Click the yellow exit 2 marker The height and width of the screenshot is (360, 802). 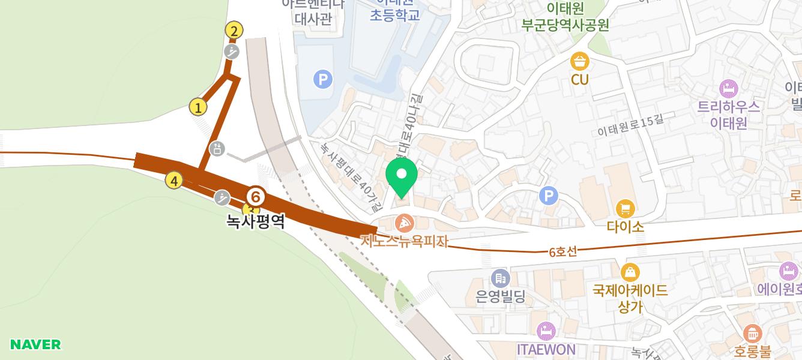(x=234, y=31)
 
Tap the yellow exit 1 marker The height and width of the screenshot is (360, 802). (x=198, y=107)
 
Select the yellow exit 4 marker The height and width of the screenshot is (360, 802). (x=174, y=180)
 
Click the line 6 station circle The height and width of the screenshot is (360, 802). (x=256, y=196)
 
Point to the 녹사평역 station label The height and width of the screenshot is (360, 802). (x=255, y=221)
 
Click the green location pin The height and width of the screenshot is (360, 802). (x=402, y=176)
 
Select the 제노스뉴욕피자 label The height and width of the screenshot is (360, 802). (x=405, y=241)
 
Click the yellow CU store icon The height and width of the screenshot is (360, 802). (x=580, y=61)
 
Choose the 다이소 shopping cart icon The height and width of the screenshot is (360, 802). (x=626, y=209)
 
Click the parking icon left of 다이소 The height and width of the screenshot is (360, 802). (x=549, y=196)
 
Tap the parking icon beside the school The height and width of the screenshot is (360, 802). (x=323, y=79)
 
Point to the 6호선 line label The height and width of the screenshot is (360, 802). (x=562, y=252)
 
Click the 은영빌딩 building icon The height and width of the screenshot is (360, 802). (x=500, y=278)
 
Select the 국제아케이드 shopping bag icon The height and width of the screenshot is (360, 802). (x=630, y=273)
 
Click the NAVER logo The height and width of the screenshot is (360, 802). (x=35, y=344)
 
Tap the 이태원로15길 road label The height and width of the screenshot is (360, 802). (x=630, y=125)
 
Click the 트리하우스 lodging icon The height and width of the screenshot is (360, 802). (x=728, y=89)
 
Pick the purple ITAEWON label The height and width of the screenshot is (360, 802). (x=546, y=349)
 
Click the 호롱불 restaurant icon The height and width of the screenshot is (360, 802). (x=752, y=333)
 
